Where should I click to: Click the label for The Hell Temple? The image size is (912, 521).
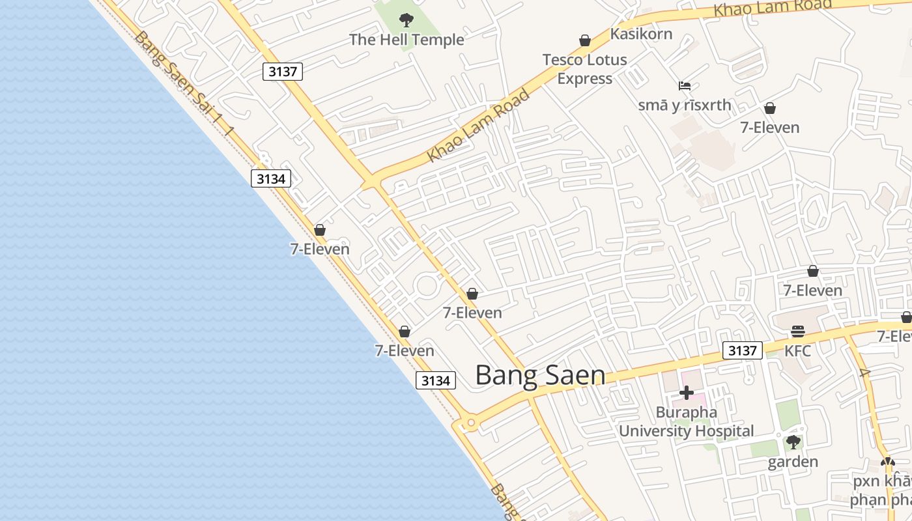click(x=406, y=40)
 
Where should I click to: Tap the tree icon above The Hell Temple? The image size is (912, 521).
click(x=406, y=20)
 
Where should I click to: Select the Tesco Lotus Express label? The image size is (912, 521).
click(x=585, y=69)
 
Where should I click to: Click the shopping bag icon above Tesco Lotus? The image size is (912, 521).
click(x=585, y=41)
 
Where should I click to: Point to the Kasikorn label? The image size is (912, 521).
click(x=641, y=34)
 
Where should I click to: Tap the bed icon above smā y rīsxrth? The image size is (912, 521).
click(x=684, y=86)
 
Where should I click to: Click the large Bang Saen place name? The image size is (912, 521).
click(x=540, y=376)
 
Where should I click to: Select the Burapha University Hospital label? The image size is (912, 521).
click(x=687, y=421)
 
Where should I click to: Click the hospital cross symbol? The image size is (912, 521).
click(x=686, y=393)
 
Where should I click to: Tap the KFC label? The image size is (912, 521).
click(x=797, y=351)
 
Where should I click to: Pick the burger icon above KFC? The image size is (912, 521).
click(x=798, y=331)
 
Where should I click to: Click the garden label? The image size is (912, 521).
click(x=793, y=462)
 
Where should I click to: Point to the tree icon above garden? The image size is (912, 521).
click(x=793, y=443)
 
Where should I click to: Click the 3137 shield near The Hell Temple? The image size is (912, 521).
click(x=283, y=72)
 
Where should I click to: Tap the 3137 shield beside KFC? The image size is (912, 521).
click(x=743, y=351)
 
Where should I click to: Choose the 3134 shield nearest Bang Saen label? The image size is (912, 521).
click(x=435, y=380)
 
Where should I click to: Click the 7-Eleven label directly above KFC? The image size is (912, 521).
click(x=812, y=290)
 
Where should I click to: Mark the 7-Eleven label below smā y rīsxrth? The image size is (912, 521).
click(x=769, y=128)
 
